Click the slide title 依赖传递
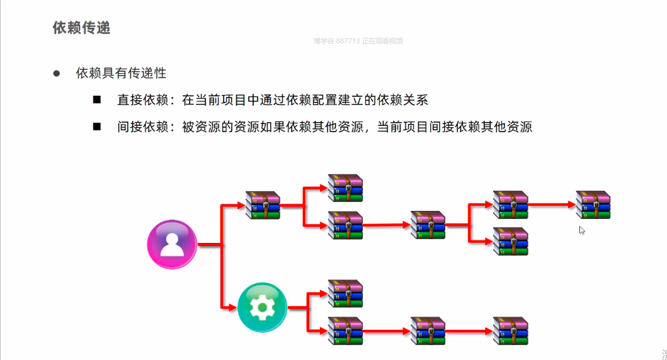[81, 28]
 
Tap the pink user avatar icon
[172, 244]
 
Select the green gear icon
[262, 308]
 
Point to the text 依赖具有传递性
[121, 73]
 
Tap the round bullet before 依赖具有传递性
[56, 73]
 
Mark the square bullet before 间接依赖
[97, 126]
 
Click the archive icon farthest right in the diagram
[593, 205]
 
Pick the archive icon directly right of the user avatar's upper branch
[263, 205]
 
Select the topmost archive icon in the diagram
[346, 188]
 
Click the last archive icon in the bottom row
[510, 330]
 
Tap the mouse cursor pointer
[582, 230]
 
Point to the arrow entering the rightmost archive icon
[552, 205]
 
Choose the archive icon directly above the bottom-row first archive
[346, 293]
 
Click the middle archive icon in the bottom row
[428, 330]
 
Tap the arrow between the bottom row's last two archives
[469, 330]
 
